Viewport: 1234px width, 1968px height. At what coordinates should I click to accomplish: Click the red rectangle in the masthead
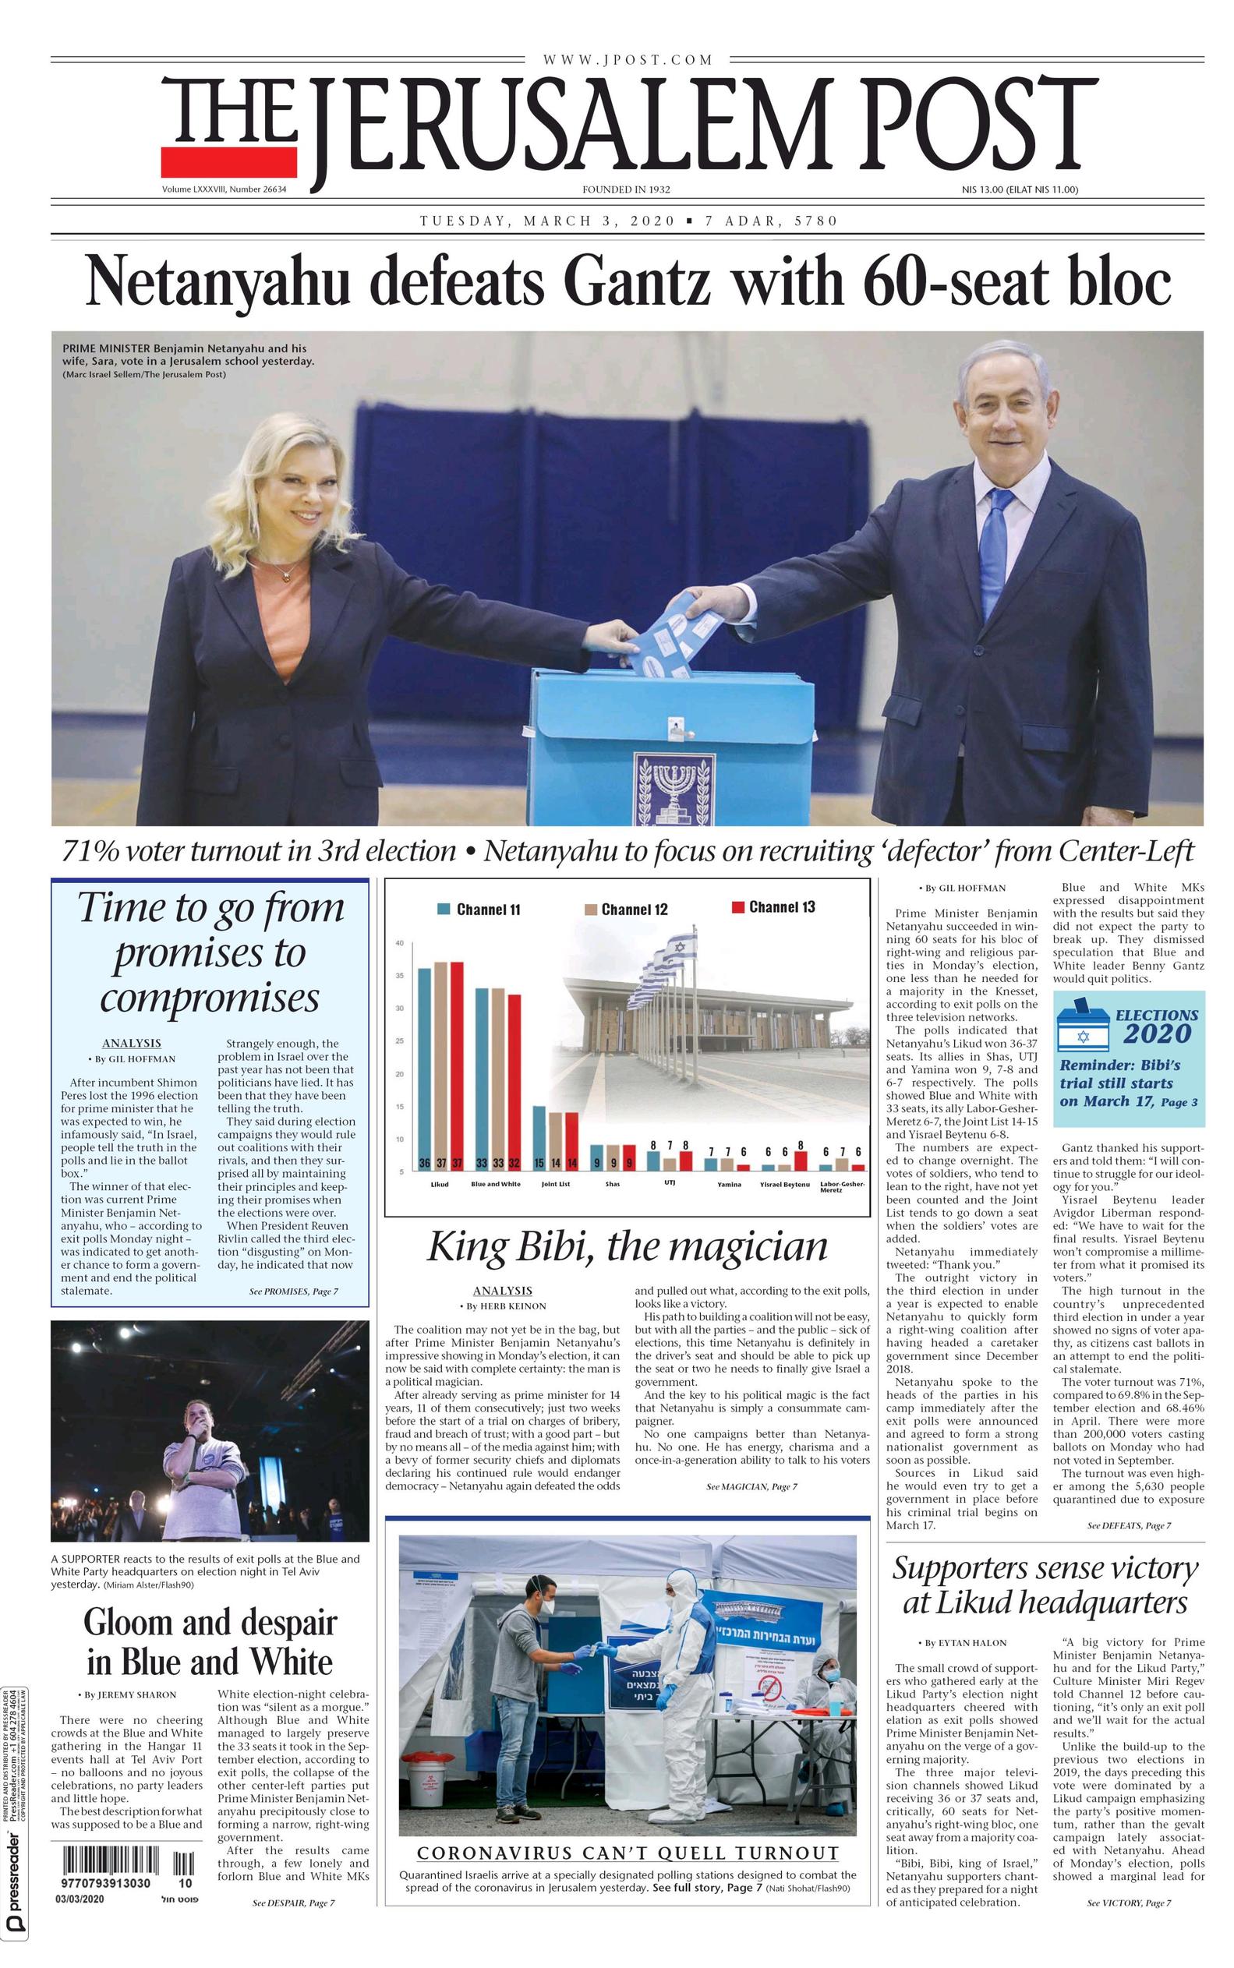[228, 163]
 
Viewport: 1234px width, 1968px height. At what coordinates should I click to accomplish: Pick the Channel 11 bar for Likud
[424, 1069]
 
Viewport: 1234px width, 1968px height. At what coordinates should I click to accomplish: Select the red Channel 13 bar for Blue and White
[514, 1084]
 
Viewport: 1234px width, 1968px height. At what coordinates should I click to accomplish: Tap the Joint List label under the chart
[555, 1184]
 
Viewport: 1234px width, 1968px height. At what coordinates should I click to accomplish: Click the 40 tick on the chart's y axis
[400, 943]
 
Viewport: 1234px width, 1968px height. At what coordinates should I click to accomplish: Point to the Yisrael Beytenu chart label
[784, 1184]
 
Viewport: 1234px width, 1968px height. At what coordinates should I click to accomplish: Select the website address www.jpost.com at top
[627, 59]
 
